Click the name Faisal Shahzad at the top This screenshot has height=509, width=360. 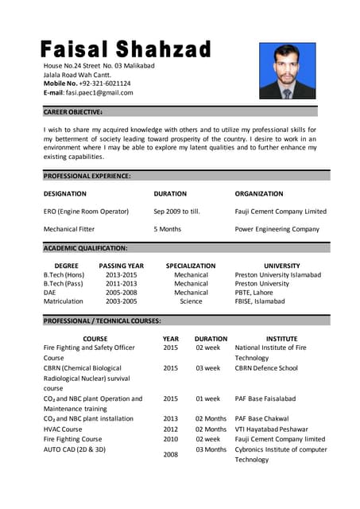pos(126,49)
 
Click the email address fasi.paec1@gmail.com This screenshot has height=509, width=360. pos(99,92)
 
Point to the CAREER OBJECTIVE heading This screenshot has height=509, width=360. pos(73,112)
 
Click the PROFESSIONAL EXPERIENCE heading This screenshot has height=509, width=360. pos(87,176)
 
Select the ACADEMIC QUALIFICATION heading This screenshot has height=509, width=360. pos(85,248)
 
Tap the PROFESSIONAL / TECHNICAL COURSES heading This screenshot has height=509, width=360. pos(103,321)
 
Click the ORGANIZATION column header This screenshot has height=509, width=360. pos(258,193)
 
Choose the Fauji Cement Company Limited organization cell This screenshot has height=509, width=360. pos(281,212)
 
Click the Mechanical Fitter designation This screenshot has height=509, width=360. pos(69,229)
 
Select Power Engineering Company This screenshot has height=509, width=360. pos(277,229)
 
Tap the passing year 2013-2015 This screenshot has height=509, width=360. pos(121,274)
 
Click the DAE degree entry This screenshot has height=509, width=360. pos(50,293)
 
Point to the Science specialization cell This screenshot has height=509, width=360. pos(191,301)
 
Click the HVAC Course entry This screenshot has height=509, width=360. pos(63,429)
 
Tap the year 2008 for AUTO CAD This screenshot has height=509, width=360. pos(170,454)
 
